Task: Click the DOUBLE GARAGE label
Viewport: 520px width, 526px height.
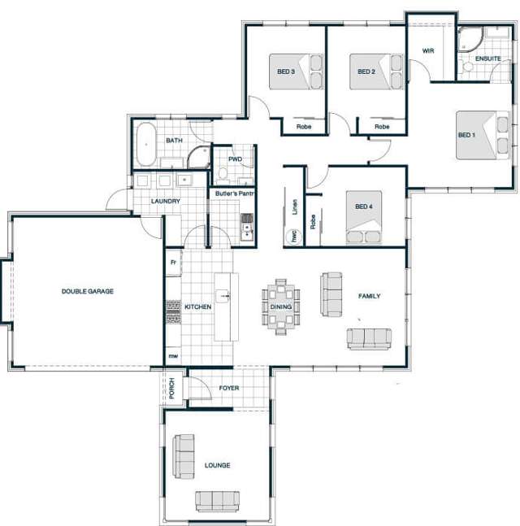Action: pyautogui.click(x=88, y=291)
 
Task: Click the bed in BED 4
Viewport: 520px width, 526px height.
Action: pyautogui.click(x=364, y=217)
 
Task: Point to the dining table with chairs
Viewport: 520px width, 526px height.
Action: pyautogui.click(x=280, y=306)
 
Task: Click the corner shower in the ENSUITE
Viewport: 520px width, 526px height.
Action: pyautogui.click(x=470, y=41)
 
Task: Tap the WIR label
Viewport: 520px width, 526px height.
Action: pyautogui.click(x=429, y=50)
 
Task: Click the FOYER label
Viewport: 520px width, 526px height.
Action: pyautogui.click(x=229, y=389)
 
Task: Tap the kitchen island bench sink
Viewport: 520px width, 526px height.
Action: pyautogui.click(x=227, y=297)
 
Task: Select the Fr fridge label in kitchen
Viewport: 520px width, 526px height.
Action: pyautogui.click(x=173, y=263)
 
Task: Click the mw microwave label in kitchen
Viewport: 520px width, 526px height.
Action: pyautogui.click(x=173, y=356)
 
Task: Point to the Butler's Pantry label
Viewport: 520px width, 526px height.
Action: pyautogui.click(x=235, y=193)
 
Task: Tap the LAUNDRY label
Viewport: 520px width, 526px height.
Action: pyautogui.click(x=166, y=201)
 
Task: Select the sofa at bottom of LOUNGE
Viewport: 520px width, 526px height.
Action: pyautogui.click(x=217, y=500)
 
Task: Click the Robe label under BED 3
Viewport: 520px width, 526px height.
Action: pyautogui.click(x=304, y=127)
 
